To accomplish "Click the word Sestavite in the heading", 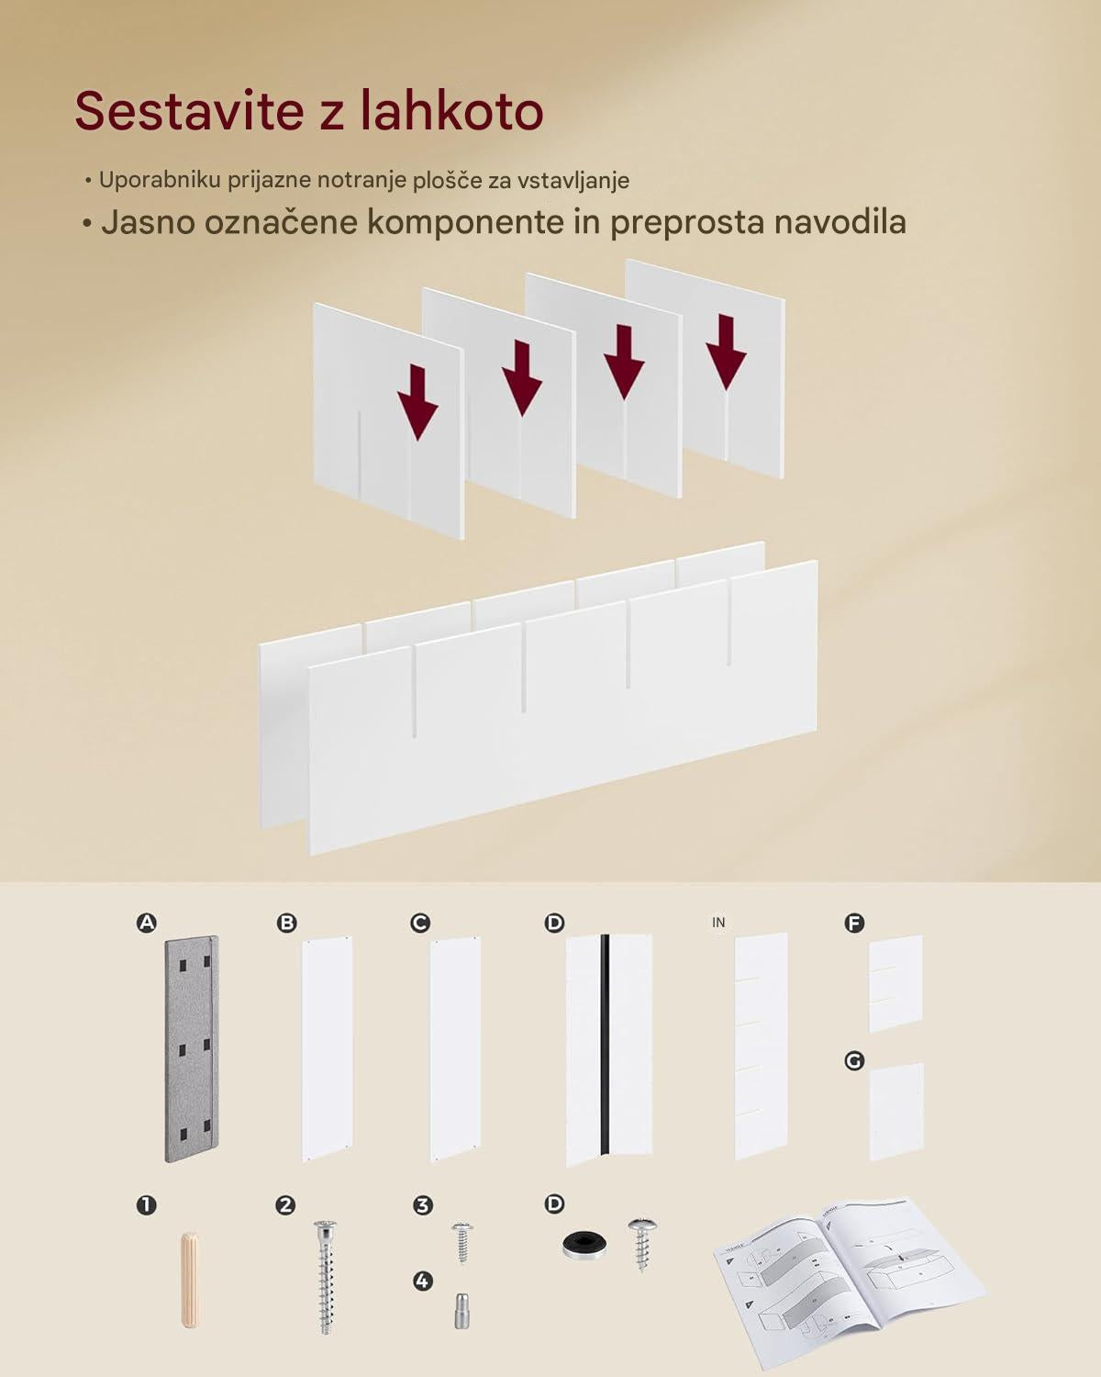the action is click(189, 111).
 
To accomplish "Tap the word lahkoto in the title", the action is click(451, 110).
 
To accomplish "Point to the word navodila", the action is click(840, 222).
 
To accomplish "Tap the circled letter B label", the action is click(286, 923).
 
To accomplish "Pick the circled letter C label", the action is click(420, 923).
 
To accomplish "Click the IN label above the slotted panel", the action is click(718, 922).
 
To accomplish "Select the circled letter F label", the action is click(854, 923).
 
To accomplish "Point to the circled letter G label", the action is click(854, 1061).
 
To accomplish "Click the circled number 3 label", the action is click(422, 1205).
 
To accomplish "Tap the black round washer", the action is click(584, 1245).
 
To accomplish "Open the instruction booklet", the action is click(851, 1282).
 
